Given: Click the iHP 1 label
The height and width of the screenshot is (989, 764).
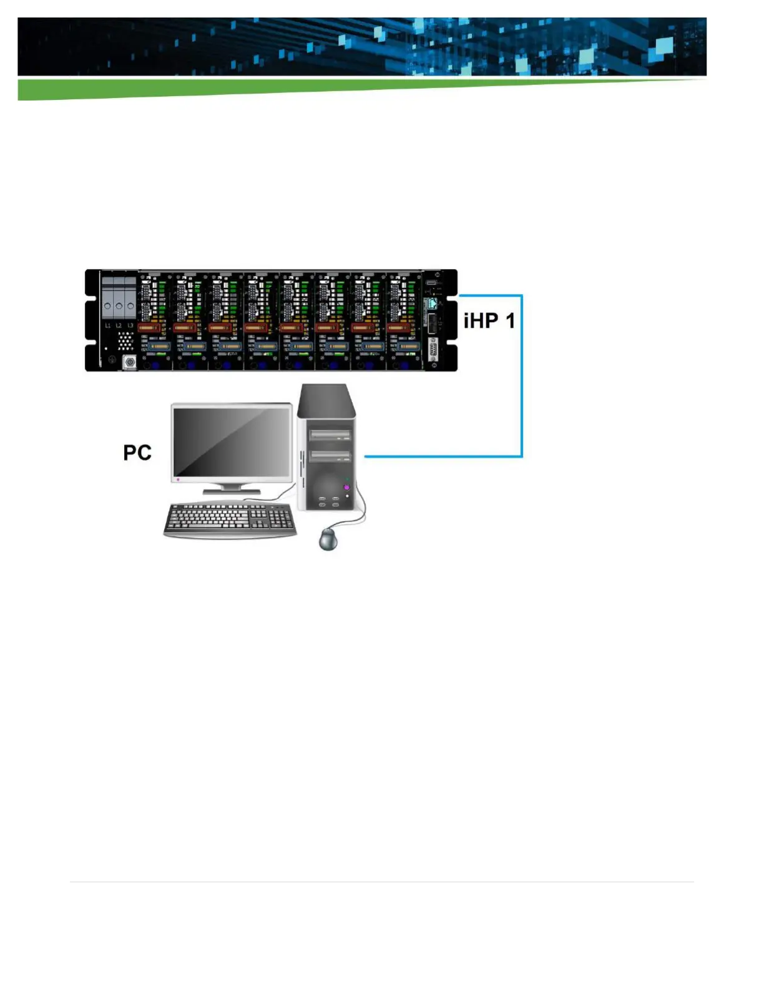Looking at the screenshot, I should (x=489, y=321).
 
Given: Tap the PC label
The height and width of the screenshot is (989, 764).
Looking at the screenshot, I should (x=137, y=452).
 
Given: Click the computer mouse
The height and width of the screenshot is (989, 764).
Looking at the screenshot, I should (x=328, y=538).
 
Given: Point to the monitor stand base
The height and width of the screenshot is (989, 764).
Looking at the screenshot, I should (x=232, y=492).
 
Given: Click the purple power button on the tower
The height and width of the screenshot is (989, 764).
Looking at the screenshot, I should (x=346, y=487).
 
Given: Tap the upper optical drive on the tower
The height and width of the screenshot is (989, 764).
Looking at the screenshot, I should (x=330, y=435).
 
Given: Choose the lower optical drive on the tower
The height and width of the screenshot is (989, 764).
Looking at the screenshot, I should (x=330, y=456).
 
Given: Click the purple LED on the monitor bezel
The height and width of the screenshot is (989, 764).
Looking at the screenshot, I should (x=178, y=480).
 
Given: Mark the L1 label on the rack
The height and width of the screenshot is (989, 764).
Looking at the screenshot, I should (x=107, y=325).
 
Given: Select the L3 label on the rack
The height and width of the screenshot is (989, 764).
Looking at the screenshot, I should (x=130, y=325).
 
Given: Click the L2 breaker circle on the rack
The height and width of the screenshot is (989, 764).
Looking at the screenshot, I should (x=119, y=307).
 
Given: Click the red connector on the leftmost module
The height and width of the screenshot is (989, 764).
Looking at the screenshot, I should (x=149, y=327).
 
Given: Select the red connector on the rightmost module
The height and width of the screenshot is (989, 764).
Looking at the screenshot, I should (x=399, y=327).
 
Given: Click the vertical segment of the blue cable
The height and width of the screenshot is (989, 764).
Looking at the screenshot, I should (x=522, y=375).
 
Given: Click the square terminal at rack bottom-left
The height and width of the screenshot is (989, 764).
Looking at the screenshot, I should (x=130, y=362).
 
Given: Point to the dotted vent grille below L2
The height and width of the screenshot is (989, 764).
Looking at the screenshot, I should (x=125, y=340).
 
